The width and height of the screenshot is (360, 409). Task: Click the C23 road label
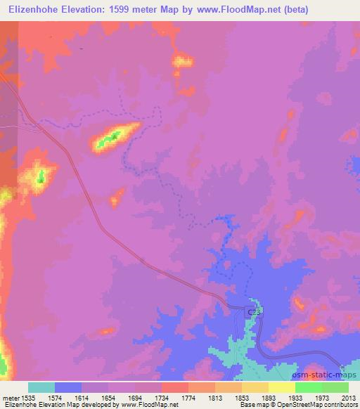point(253,311)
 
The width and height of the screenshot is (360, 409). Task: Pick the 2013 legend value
point(349,397)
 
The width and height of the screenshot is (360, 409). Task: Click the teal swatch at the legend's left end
point(41,387)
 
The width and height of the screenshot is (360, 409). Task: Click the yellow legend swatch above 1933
point(281,387)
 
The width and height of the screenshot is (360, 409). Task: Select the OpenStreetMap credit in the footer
point(294,405)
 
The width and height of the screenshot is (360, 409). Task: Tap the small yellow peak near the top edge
point(183,61)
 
